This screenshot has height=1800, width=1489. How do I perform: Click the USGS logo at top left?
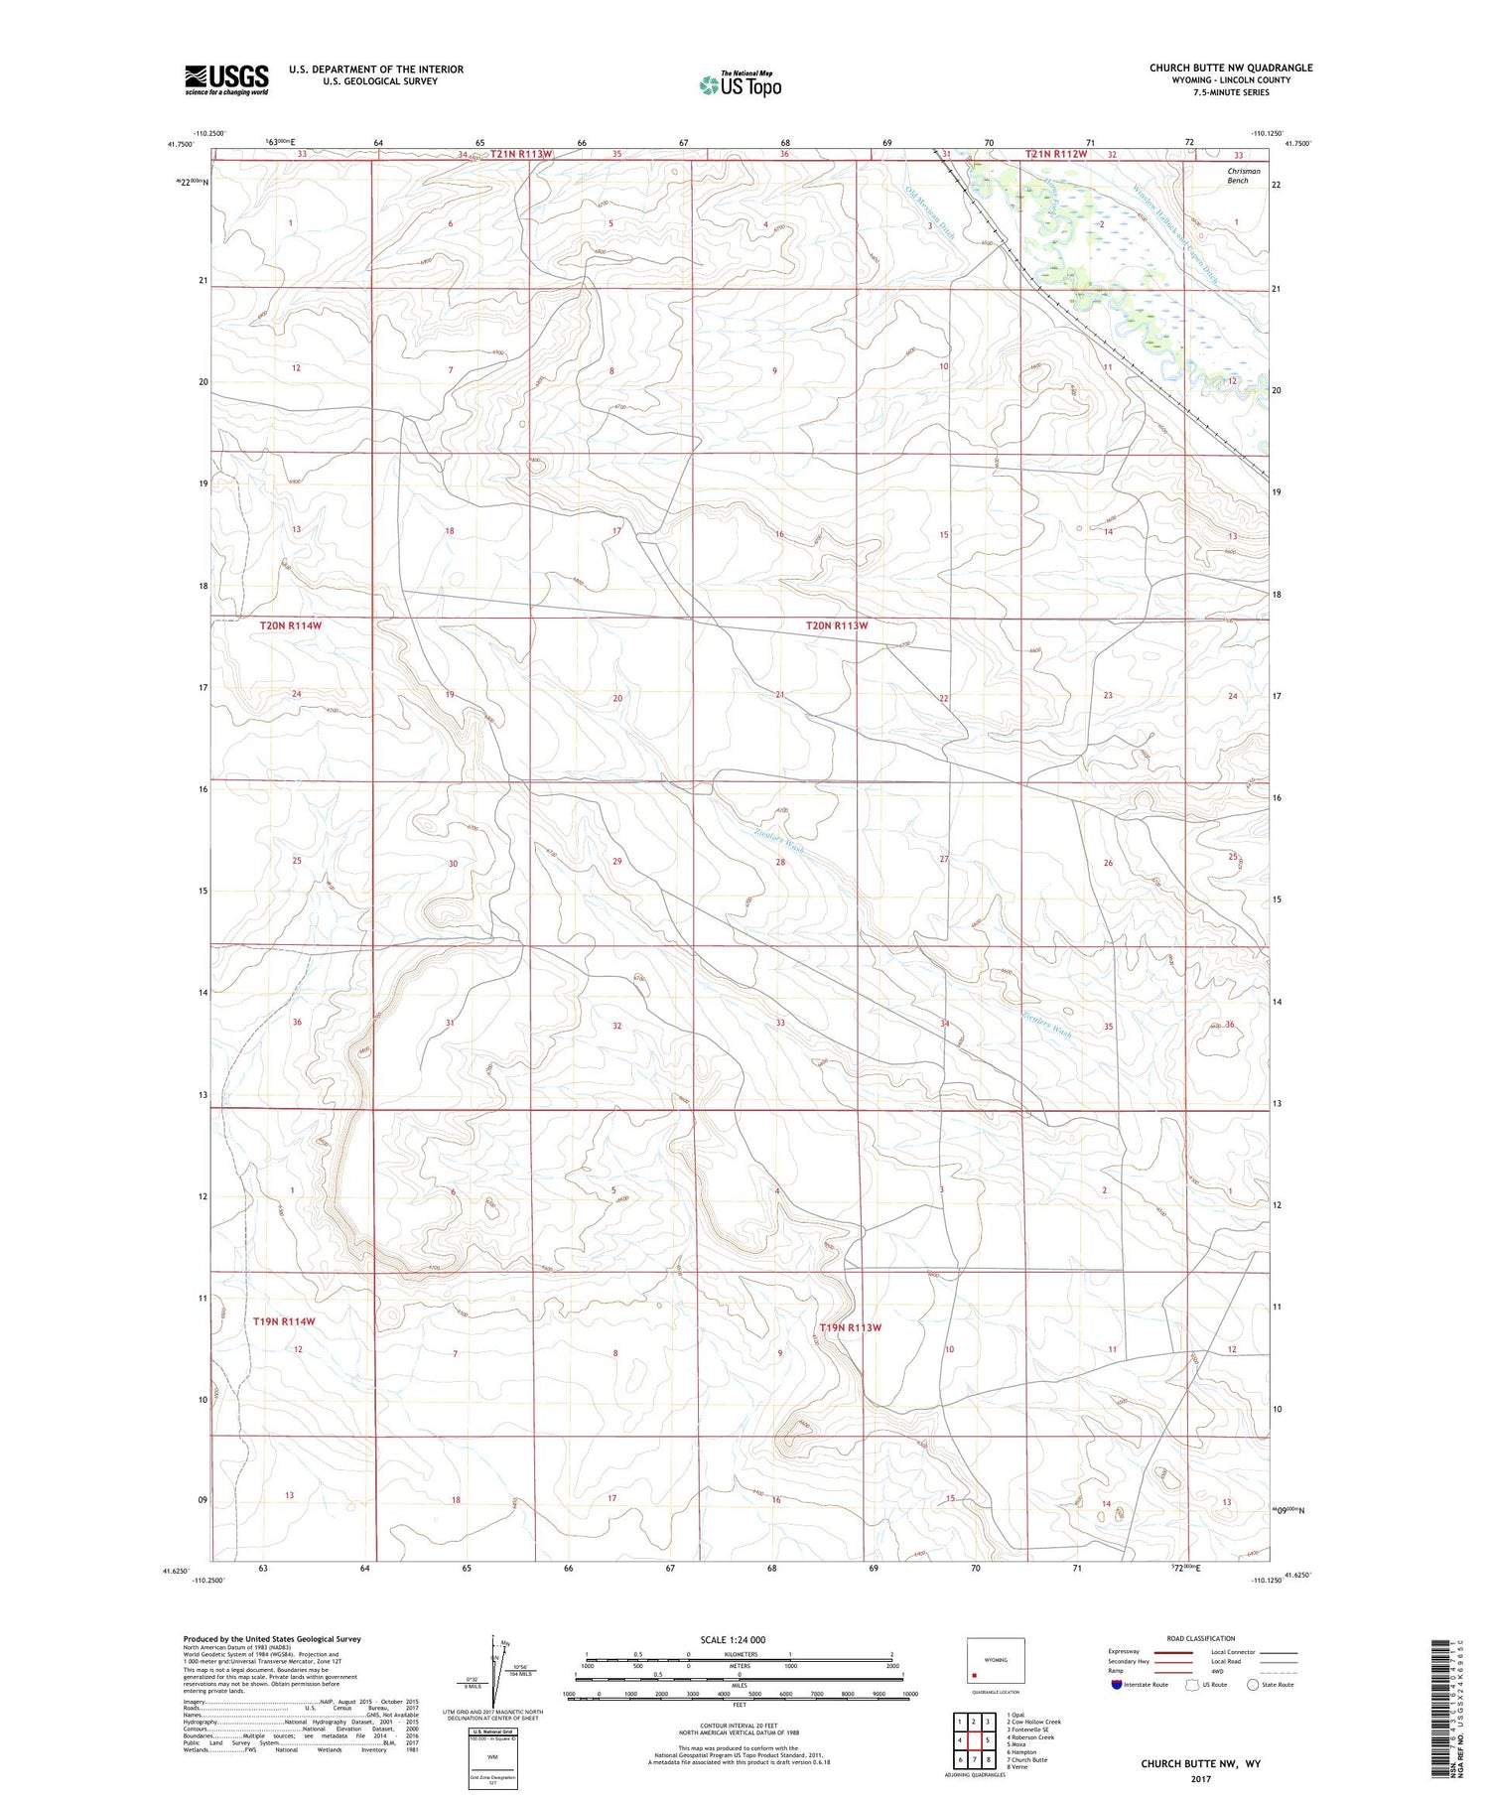coord(226,79)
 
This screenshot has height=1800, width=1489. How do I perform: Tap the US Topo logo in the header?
coord(740,84)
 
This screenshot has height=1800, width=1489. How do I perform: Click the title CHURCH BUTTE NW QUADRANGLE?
coord(1231,68)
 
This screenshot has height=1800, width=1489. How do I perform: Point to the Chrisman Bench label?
coord(1243,176)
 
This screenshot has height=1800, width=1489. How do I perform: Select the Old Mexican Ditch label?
coord(931,213)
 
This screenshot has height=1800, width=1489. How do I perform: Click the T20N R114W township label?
coord(291,625)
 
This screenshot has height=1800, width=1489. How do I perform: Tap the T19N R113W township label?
coord(851,1327)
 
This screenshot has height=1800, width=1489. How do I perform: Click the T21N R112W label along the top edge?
coord(1056,154)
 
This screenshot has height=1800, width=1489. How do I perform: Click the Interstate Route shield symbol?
coord(1117,1684)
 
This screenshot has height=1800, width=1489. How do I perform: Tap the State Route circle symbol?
coord(1253,1684)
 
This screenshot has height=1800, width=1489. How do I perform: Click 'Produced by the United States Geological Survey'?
coord(272,1639)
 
